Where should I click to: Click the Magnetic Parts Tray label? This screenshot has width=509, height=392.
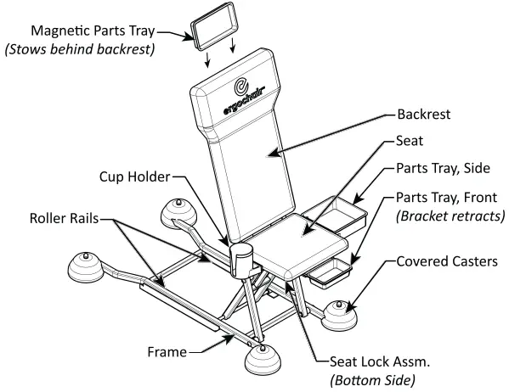tap(91, 31)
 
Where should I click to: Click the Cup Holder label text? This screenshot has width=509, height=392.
tap(133, 177)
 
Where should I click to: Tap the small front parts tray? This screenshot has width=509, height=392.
tap(331, 272)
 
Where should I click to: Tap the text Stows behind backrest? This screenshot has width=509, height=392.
tap(79, 49)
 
